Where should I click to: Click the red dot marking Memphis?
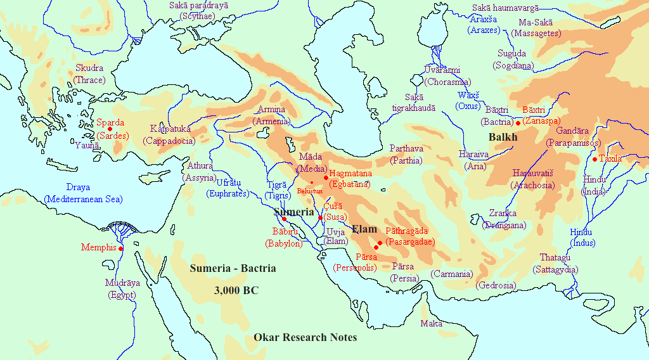click(121, 248)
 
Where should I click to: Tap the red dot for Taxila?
click(594, 158)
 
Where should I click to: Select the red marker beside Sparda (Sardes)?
click(110, 129)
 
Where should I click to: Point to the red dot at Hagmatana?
click(326, 177)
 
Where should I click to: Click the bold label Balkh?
click(503, 138)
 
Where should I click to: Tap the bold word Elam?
click(364, 229)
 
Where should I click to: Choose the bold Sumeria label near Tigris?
click(293, 212)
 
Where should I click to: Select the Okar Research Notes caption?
click(305, 337)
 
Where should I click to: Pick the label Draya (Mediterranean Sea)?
click(83, 193)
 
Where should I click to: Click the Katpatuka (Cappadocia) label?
click(169, 134)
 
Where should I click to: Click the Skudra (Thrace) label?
click(89, 74)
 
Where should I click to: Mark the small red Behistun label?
click(310, 190)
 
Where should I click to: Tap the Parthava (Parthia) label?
click(406, 154)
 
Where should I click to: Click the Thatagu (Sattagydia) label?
click(558, 263)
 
